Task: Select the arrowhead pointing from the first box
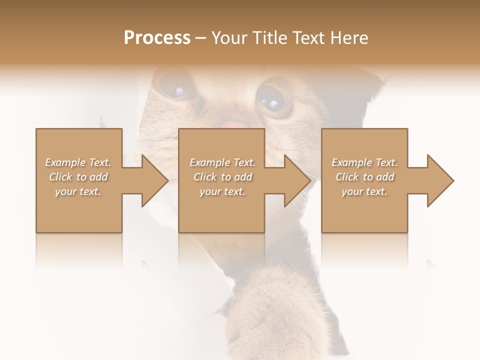click(x=153, y=180)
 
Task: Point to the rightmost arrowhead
click(x=439, y=180)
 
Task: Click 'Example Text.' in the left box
click(x=78, y=162)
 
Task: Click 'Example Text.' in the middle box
click(x=222, y=162)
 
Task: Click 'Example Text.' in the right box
click(x=364, y=162)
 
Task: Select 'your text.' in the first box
click(x=78, y=191)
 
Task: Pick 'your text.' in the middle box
click(x=222, y=191)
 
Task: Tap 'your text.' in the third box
click(x=364, y=191)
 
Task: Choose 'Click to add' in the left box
click(x=78, y=177)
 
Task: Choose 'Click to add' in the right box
click(x=364, y=177)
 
